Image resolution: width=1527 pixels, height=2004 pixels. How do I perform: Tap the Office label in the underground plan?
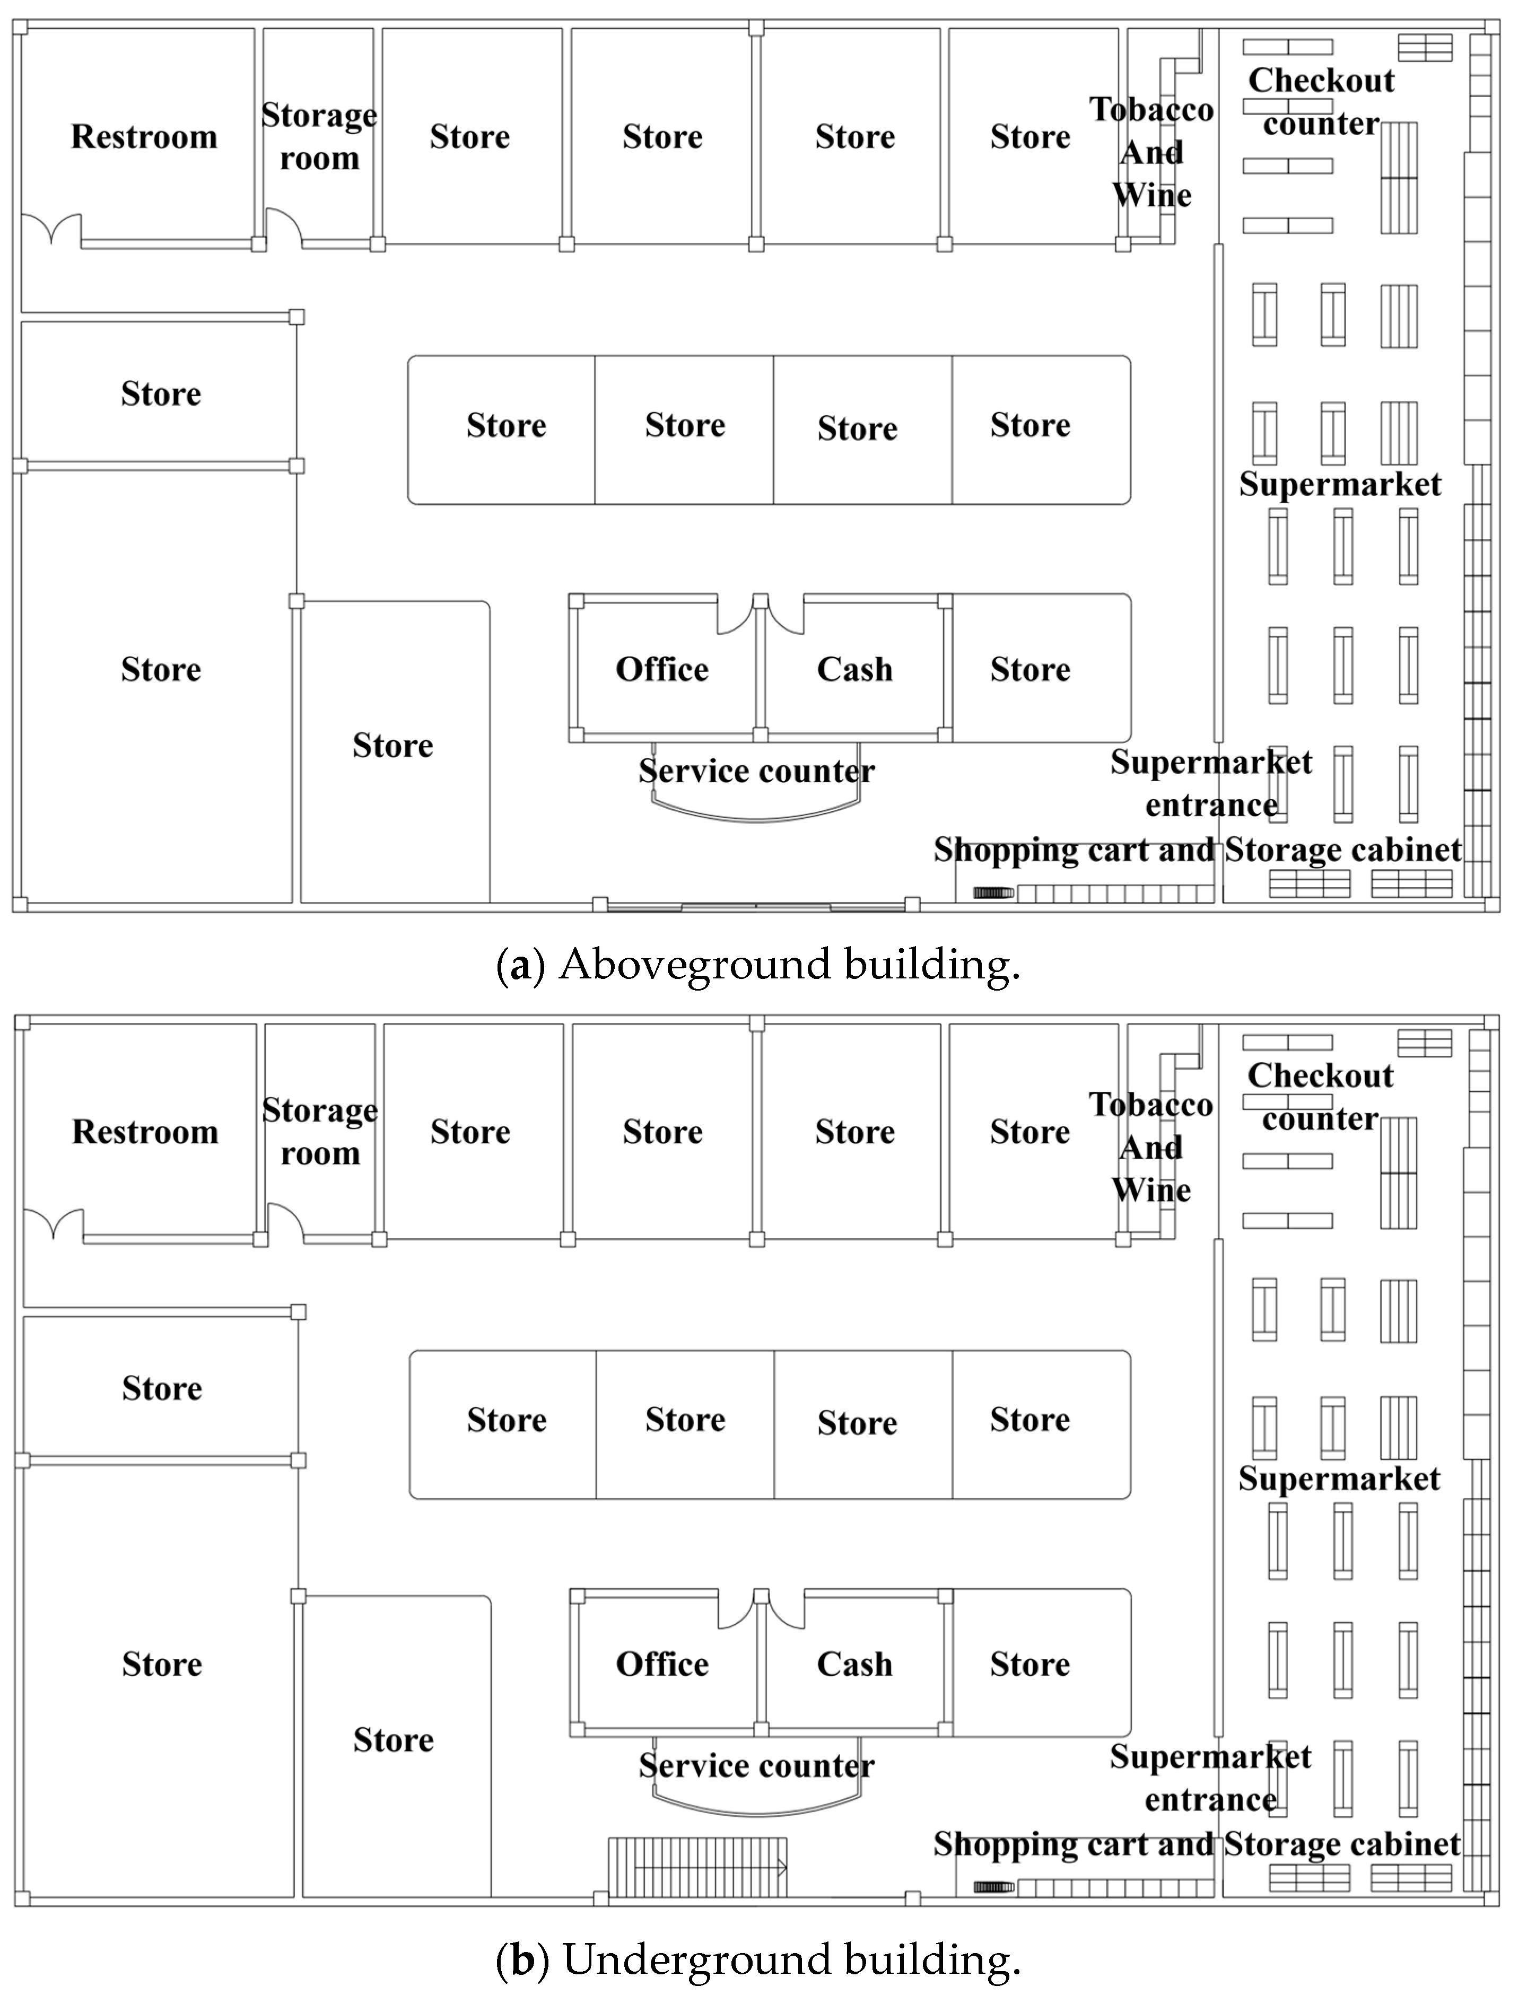point(662,1664)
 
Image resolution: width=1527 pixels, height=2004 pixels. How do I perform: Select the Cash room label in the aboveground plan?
point(854,670)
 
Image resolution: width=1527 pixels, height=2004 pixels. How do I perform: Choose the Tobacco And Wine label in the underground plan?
point(1151,1147)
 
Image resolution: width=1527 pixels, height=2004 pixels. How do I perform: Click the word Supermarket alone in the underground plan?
point(1339,1478)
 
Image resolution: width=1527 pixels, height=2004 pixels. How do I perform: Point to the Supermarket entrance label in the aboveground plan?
point(1211,783)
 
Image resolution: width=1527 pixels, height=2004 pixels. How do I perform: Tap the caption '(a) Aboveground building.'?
point(758,964)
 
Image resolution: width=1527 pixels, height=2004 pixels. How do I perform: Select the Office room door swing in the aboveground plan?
point(735,615)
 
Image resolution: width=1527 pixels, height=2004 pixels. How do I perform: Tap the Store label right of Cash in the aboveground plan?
point(1030,670)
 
